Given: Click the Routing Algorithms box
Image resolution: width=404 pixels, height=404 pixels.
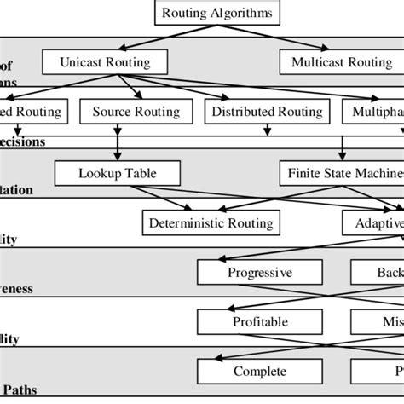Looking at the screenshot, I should pos(202,13).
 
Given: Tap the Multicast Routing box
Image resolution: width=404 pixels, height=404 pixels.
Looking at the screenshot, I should pos(342,62).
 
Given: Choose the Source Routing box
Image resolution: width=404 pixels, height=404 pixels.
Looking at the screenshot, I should pos(136,112).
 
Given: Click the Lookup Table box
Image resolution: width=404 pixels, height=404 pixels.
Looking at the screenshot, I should pos(118,174).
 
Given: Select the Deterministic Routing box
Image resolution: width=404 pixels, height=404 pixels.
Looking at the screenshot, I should pos(211,223).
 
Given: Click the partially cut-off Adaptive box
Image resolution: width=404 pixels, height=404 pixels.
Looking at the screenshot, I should pos(372,223).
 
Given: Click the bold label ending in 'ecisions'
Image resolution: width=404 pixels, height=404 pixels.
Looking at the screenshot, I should pos(24,141).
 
